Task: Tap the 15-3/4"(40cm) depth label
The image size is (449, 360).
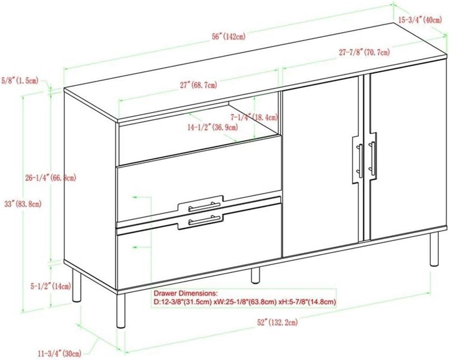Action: pos(423,19)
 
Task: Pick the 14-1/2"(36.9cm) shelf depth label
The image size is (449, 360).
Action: pos(213,127)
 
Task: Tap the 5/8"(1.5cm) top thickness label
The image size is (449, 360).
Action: pos(23,81)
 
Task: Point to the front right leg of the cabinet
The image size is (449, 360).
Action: pos(434,249)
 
